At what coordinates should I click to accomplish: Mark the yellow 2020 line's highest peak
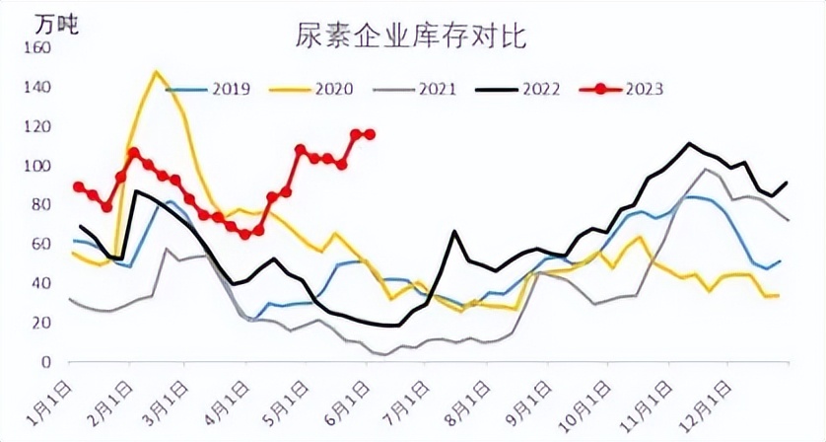click(x=156, y=72)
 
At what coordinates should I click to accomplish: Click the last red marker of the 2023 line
click(x=371, y=134)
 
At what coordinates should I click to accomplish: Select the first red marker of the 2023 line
click(x=79, y=186)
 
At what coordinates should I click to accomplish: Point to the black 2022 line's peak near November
click(x=689, y=144)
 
